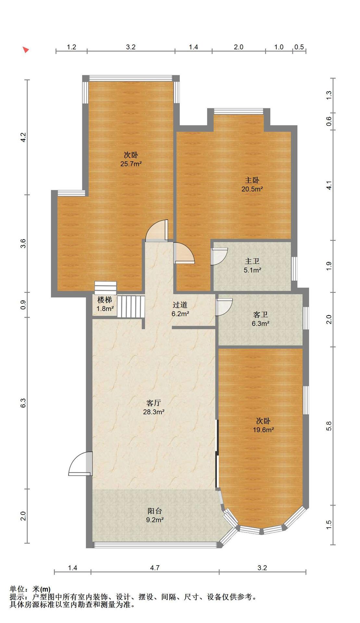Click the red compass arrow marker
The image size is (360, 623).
coord(26,50)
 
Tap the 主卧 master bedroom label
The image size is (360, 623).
coord(252,180)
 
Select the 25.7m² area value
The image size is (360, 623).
coord(131,164)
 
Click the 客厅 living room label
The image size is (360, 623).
coord(154,403)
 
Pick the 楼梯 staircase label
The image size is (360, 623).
coord(105,300)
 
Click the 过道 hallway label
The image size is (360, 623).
coord(180,305)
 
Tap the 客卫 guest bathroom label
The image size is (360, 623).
coord(260,315)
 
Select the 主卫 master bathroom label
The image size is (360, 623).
coord(252,261)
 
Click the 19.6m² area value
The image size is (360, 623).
coord(264,430)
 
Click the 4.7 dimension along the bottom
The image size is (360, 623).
coord(155,568)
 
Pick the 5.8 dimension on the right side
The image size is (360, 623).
coord(329,426)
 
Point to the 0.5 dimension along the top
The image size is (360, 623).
coord(299,47)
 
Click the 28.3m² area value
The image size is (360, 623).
coord(154,412)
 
